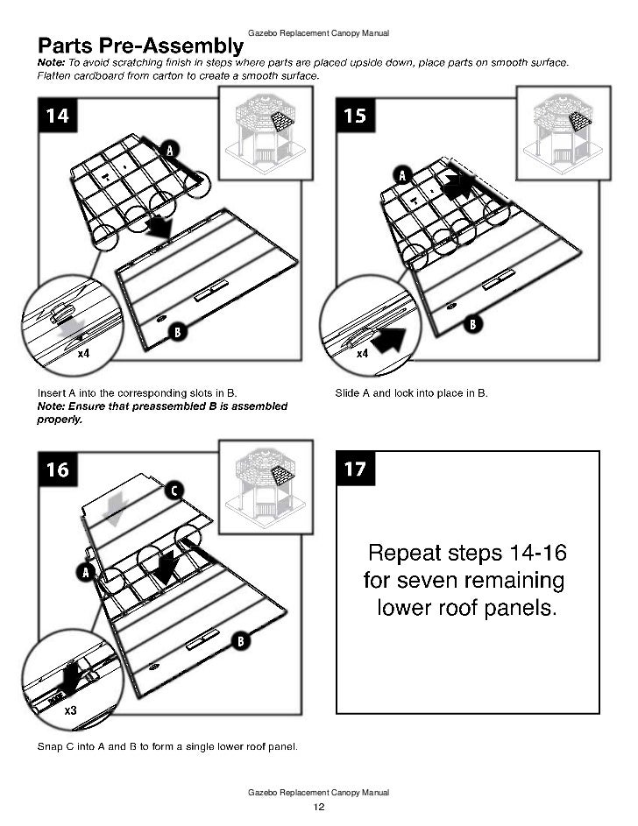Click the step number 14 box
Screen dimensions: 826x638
pyautogui.click(x=58, y=116)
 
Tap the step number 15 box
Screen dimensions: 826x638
pyautogui.click(x=355, y=116)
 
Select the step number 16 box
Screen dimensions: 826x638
pyautogui.click(x=58, y=469)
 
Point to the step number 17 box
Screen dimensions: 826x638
pyautogui.click(x=355, y=469)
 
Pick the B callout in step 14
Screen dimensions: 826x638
pyautogui.click(x=177, y=332)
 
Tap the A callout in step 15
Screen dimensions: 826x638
pyautogui.click(x=403, y=174)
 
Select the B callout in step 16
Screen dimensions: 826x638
pyautogui.click(x=239, y=642)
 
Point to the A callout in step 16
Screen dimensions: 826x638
pyautogui.click(x=87, y=572)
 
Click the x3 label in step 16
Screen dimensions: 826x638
pyautogui.click(x=72, y=711)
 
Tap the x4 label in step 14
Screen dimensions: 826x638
pyautogui.click(x=84, y=354)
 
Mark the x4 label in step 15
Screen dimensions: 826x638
pyautogui.click(x=362, y=354)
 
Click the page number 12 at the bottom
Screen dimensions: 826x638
pyautogui.click(x=319, y=807)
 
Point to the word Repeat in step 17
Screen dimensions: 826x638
pyautogui.click(x=408, y=554)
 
